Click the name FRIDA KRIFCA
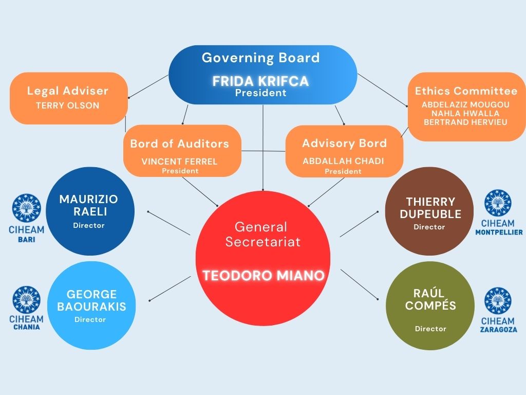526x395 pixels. (x=260, y=81)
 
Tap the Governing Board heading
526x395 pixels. (x=260, y=58)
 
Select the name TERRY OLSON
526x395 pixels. (x=68, y=105)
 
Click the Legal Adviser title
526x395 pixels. (x=68, y=91)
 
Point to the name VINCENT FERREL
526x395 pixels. (x=179, y=161)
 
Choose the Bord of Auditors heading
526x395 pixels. (x=179, y=144)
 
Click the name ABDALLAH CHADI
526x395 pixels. (x=343, y=161)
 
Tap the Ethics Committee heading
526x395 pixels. (x=466, y=91)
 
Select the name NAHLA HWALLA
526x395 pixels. (x=465, y=114)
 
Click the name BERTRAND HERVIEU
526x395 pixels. (x=465, y=122)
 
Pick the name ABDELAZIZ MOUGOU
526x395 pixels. (x=465, y=105)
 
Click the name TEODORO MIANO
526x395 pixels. (x=264, y=276)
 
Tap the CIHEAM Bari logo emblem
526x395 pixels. (x=27, y=208)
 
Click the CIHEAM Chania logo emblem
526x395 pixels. (x=27, y=300)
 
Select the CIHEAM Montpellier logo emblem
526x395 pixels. (x=498, y=203)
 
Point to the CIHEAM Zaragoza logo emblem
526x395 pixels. (x=498, y=301)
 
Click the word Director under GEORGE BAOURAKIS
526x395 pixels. (x=90, y=320)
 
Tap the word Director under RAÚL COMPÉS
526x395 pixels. (x=431, y=329)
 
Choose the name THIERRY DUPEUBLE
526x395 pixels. (x=431, y=208)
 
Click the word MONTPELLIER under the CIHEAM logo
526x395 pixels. (x=499, y=232)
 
